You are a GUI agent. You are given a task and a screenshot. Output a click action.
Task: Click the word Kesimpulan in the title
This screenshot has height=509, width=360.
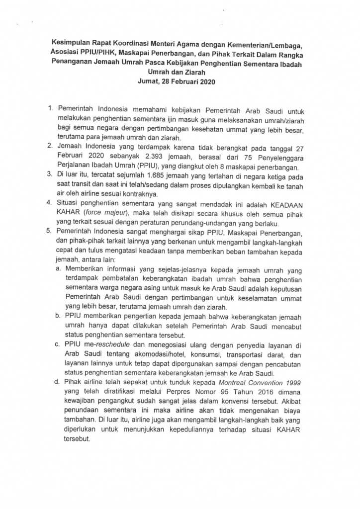[75, 45]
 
